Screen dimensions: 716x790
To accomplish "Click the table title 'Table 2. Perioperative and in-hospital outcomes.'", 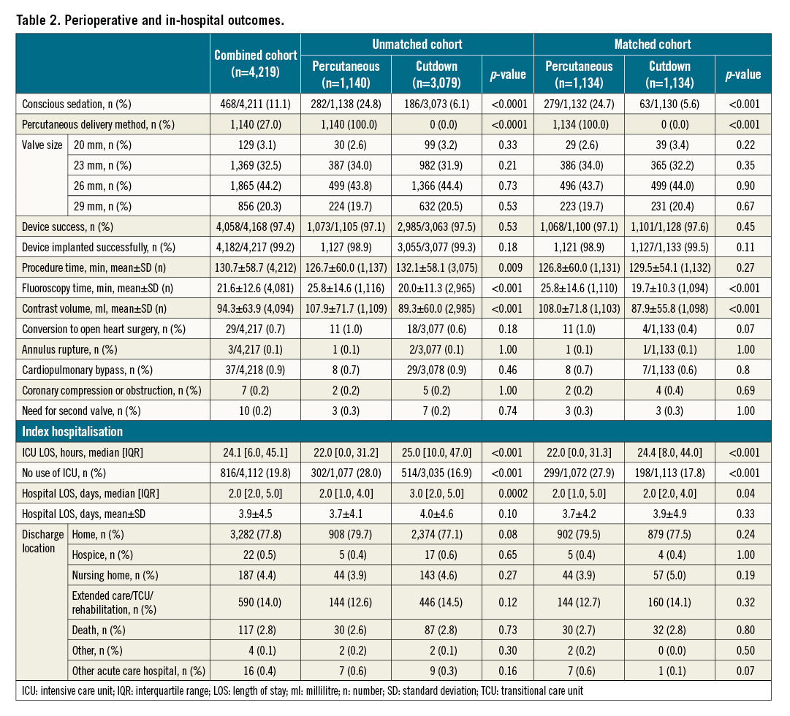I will tap(150, 20).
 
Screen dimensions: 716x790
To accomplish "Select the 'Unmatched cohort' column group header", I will tap(417, 44).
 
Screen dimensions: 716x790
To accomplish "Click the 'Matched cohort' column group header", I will tap(652, 44).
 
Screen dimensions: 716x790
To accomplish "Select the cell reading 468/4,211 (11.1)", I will tap(255, 104).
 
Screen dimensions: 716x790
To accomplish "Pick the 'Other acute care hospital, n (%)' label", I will tap(138, 670).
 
